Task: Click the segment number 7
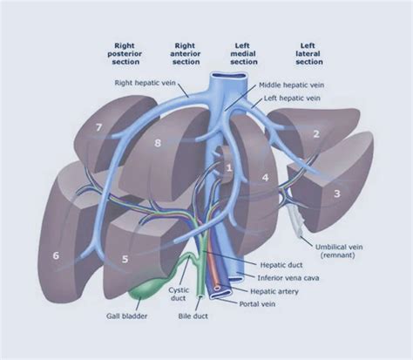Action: [x=99, y=128]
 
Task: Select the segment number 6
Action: [x=56, y=255]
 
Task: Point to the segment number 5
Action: [x=125, y=259]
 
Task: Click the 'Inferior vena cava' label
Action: [x=292, y=278]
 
